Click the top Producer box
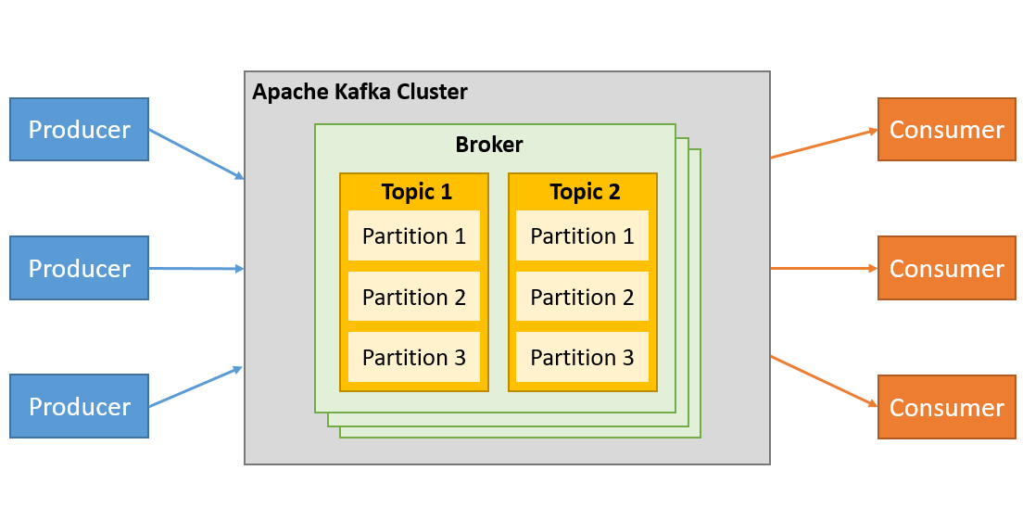(79, 130)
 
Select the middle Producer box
(79, 268)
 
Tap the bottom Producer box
(79, 406)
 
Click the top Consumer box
(946, 130)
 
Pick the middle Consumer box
(946, 268)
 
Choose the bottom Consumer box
(946, 407)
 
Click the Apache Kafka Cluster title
(360, 92)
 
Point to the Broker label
(488, 145)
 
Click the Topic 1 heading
(416, 192)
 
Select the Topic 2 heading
(584, 192)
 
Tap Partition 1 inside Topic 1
(414, 236)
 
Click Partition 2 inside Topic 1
(414, 297)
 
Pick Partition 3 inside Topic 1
(414, 357)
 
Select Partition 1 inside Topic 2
(582, 236)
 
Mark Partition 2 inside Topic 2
(582, 297)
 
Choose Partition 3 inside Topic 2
(582, 357)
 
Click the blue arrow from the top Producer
(196, 153)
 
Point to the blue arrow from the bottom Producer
(196, 387)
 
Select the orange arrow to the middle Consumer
(824, 268)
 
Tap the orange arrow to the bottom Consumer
(824, 381)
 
